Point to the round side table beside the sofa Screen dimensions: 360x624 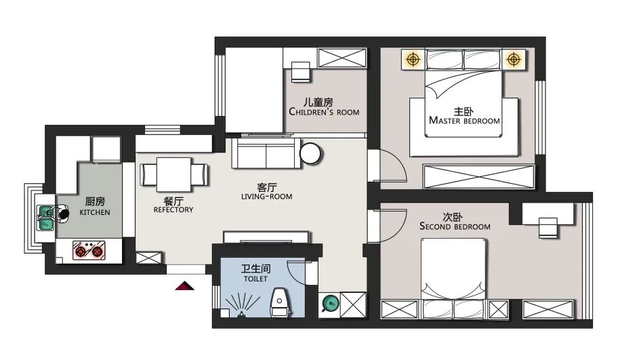311,154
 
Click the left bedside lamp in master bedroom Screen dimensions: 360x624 412,60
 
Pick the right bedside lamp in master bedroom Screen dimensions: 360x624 514,60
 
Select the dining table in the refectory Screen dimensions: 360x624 174,175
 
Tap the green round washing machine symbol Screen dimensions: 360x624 329,302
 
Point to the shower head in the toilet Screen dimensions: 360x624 240,313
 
